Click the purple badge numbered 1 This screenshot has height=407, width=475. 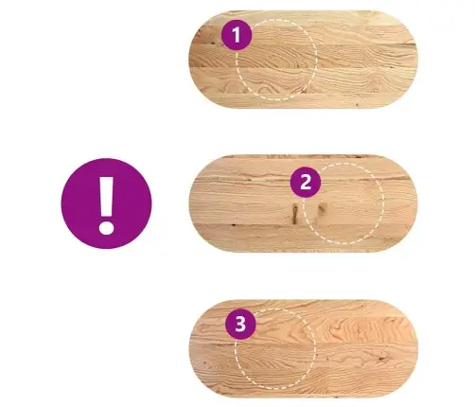pyautogui.click(x=237, y=35)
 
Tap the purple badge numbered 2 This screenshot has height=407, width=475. pyautogui.click(x=306, y=182)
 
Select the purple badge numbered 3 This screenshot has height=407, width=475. pyautogui.click(x=240, y=324)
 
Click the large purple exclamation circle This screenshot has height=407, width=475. pyautogui.click(x=106, y=203)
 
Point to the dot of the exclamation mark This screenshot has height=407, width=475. pyautogui.click(x=106, y=227)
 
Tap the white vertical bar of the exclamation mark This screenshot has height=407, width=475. pyautogui.click(x=106, y=196)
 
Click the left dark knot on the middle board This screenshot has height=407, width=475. pyautogui.click(x=295, y=215)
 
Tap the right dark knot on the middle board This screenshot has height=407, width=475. pyautogui.click(x=322, y=210)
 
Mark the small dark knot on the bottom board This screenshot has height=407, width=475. pyautogui.click(x=382, y=359)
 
